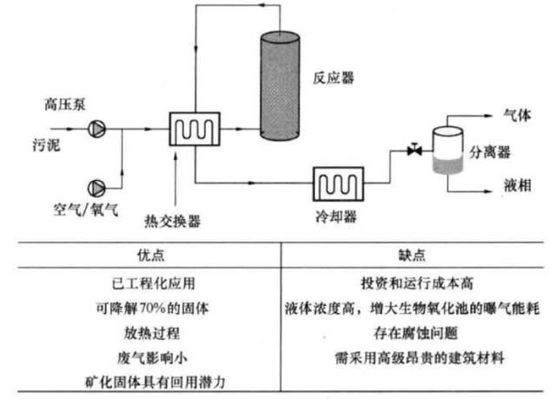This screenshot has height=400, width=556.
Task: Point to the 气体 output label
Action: [518, 115]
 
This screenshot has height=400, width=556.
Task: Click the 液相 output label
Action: [518, 184]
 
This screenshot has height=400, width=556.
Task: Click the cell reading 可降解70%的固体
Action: [140, 307]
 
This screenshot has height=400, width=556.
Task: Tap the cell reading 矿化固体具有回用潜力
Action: [140, 380]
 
